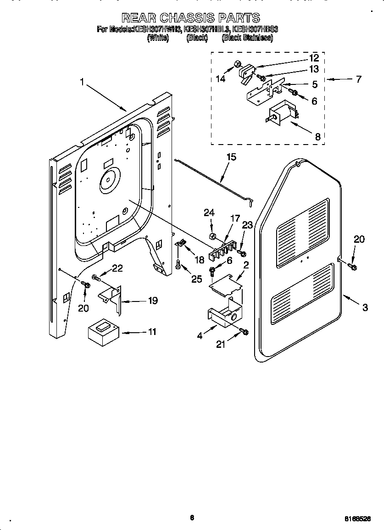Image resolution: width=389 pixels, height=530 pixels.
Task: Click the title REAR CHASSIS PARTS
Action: pyautogui.click(x=190, y=18)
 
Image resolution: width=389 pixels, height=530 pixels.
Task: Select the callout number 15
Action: pyautogui.click(x=231, y=157)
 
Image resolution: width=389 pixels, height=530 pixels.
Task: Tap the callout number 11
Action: pyautogui.click(x=151, y=331)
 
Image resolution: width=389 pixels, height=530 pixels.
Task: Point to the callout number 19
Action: pyautogui.click(x=152, y=301)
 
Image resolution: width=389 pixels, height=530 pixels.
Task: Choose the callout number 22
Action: pyautogui.click(x=117, y=268)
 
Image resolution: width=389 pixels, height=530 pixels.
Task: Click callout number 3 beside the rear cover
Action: pyautogui.click(x=365, y=307)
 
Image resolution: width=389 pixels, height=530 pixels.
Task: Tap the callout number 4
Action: pyautogui.click(x=200, y=335)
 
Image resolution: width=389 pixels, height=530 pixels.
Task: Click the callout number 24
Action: pyautogui.click(x=209, y=212)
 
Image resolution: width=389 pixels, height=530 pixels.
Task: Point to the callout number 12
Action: pyautogui.click(x=314, y=58)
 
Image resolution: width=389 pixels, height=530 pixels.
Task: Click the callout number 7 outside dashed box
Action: pyautogui.click(x=358, y=79)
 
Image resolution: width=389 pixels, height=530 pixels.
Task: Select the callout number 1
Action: pyautogui.click(x=82, y=83)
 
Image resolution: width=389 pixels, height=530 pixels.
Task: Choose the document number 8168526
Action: pyautogui.click(x=357, y=518)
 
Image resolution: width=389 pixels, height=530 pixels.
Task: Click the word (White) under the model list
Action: pyautogui.click(x=158, y=39)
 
